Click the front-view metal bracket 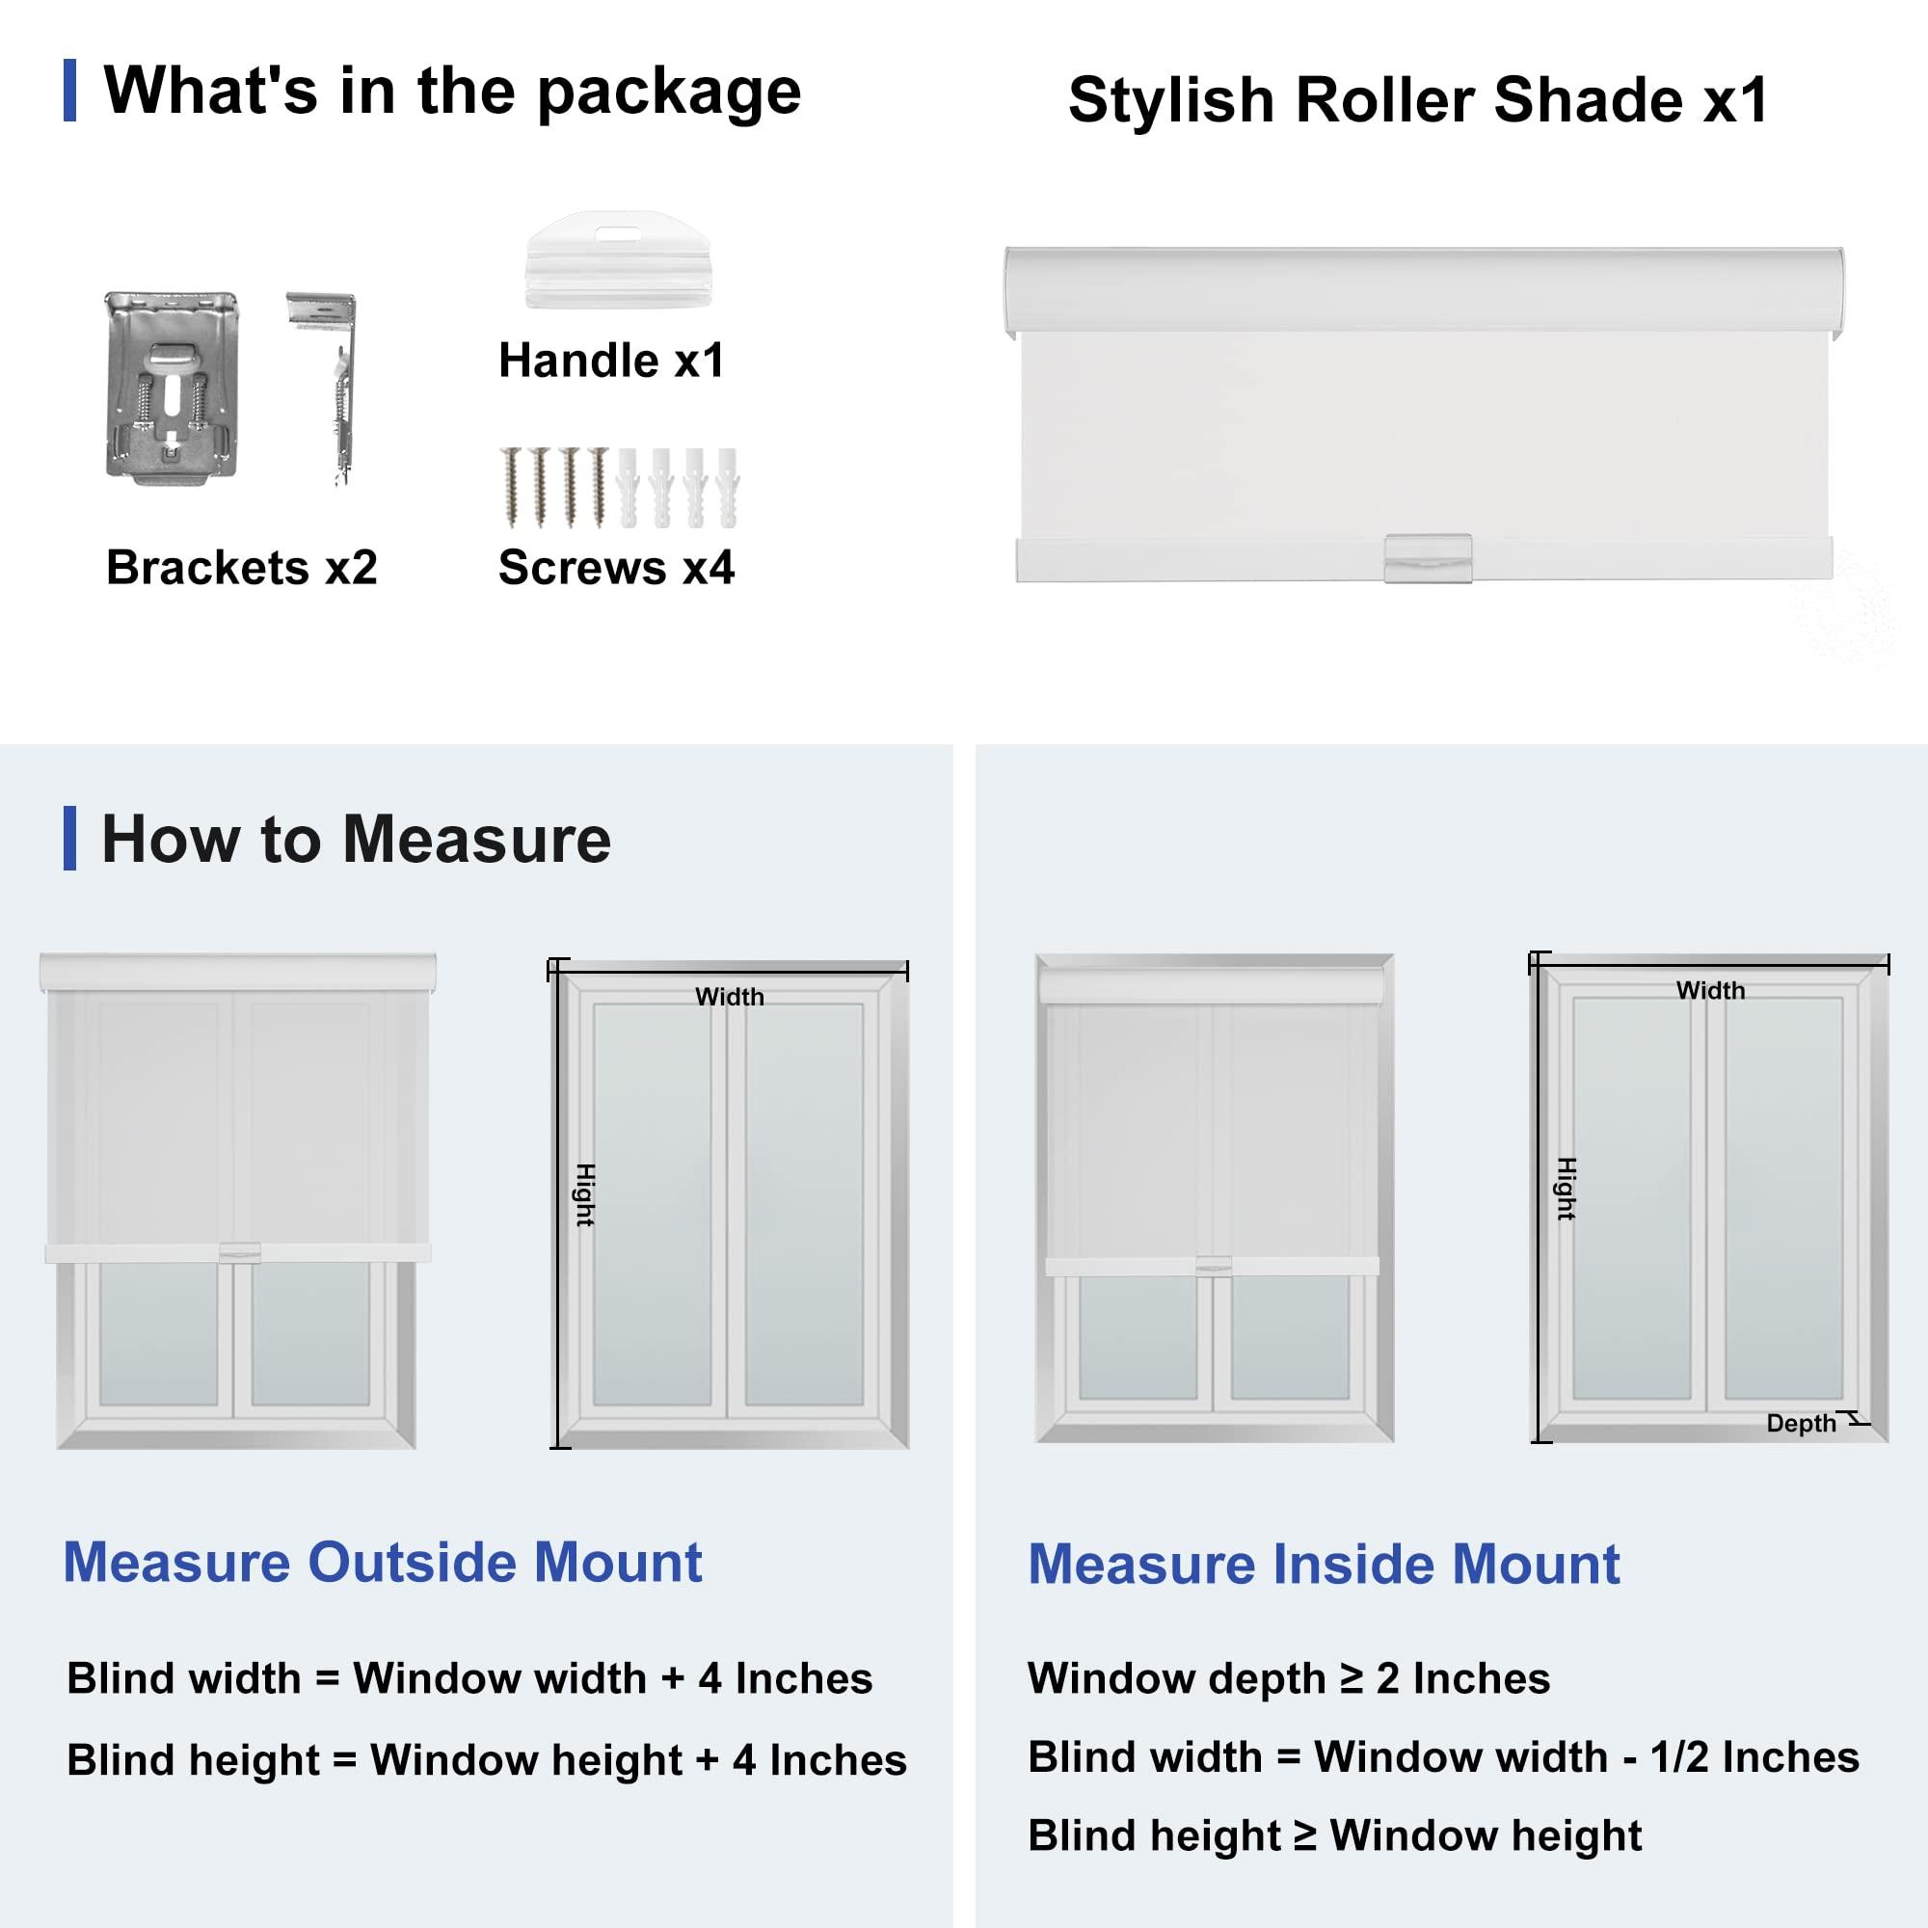tap(173, 388)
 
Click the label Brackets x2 tap(242, 568)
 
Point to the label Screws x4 tap(616, 568)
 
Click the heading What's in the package tap(452, 91)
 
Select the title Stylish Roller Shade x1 tap(1418, 101)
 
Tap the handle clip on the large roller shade tap(1427, 558)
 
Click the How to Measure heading tap(357, 840)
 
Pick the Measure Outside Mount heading tap(382, 1562)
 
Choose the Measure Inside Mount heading tap(1324, 1564)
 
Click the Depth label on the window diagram tap(1800, 1423)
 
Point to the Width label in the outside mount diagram tap(730, 997)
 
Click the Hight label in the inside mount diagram tap(1566, 1189)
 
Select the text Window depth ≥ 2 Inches tap(1288, 1678)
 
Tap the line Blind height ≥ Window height tap(1334, 1835)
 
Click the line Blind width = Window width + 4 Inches tap(469, 1678)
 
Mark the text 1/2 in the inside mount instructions tap(1680, 1757)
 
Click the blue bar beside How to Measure tap(69, 839)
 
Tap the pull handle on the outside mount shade tap(239, 1251)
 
